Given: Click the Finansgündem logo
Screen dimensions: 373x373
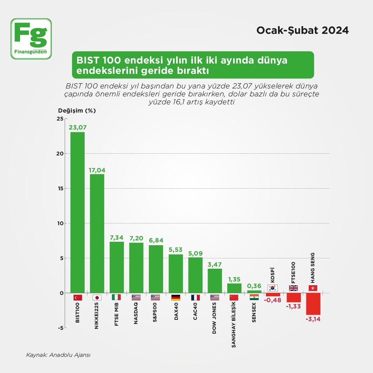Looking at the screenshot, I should [x=31, y=39].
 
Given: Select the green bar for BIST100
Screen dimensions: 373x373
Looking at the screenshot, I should [x=77, y=212].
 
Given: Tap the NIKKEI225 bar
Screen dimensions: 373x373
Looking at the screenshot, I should [x=97, y=233].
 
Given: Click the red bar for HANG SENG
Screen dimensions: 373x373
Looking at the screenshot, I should [x=313, y=304].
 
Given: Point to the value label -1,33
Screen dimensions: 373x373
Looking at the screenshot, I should [x=294, y=306].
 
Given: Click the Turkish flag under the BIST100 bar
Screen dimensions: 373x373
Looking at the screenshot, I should [x=78, y=297].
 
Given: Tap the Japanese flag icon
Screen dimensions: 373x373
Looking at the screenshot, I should [x=97, y=297].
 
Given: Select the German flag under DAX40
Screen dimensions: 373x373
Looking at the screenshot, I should [x=175, y=297].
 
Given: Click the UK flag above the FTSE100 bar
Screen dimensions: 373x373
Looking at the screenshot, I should [x=294, y=288].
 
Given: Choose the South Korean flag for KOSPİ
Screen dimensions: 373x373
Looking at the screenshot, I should [x=272, y=288].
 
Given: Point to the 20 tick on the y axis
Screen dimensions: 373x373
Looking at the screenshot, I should [x=60, y=154].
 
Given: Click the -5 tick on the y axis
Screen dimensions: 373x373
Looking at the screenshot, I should [x=60, y=328].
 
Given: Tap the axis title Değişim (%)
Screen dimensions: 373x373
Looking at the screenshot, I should [x=77, y=111].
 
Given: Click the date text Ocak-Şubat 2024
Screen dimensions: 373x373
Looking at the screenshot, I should [x=302, y=30].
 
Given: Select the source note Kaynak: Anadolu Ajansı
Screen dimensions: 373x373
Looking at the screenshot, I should [x=58, y=355].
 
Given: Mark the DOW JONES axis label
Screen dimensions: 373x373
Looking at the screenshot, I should [x=214, y=318].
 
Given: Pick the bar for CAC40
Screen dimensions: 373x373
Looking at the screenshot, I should [x=195, y=275].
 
